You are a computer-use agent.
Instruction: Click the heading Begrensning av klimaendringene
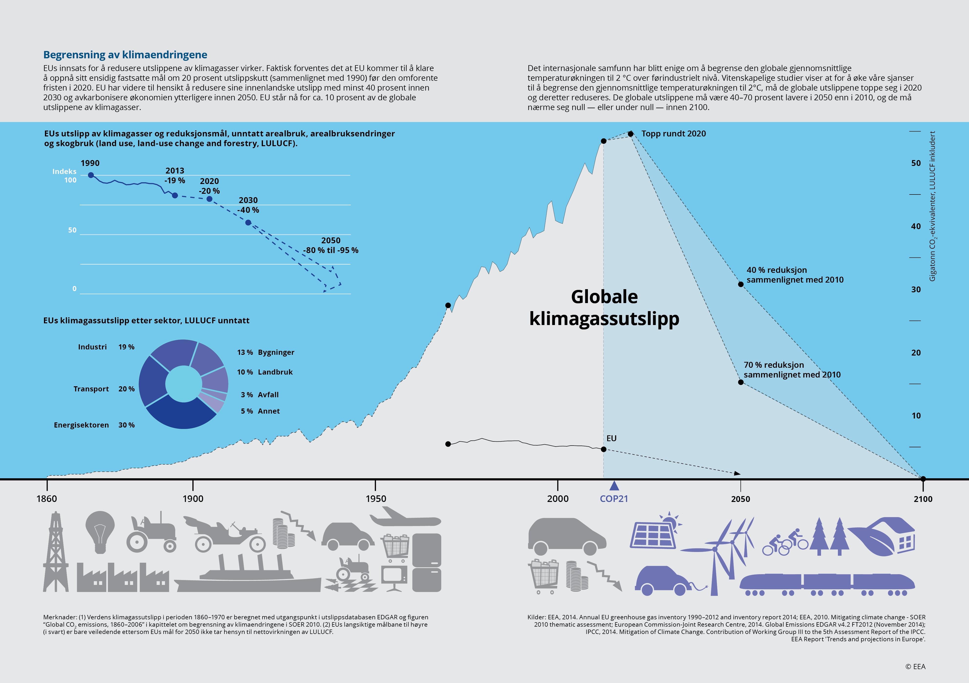tap(125, 55)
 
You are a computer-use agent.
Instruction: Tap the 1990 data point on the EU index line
tap(91, 175)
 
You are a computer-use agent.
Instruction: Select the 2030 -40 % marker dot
tap(248, 222)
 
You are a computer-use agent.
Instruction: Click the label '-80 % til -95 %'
tap(331, 250)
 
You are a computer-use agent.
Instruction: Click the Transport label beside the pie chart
tap(91, 389)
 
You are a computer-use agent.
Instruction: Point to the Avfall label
tap(268, 395)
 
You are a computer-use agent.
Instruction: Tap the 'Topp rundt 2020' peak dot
tap(631, 134)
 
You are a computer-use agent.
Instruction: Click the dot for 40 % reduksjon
tap(741, 284)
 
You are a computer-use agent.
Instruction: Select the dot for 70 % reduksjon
tap(741, 382)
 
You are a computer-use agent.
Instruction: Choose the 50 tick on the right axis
tap(916, 163)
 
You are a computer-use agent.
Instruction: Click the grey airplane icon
tap(405, 517)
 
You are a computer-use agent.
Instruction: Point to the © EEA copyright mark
tap(915, 667)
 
